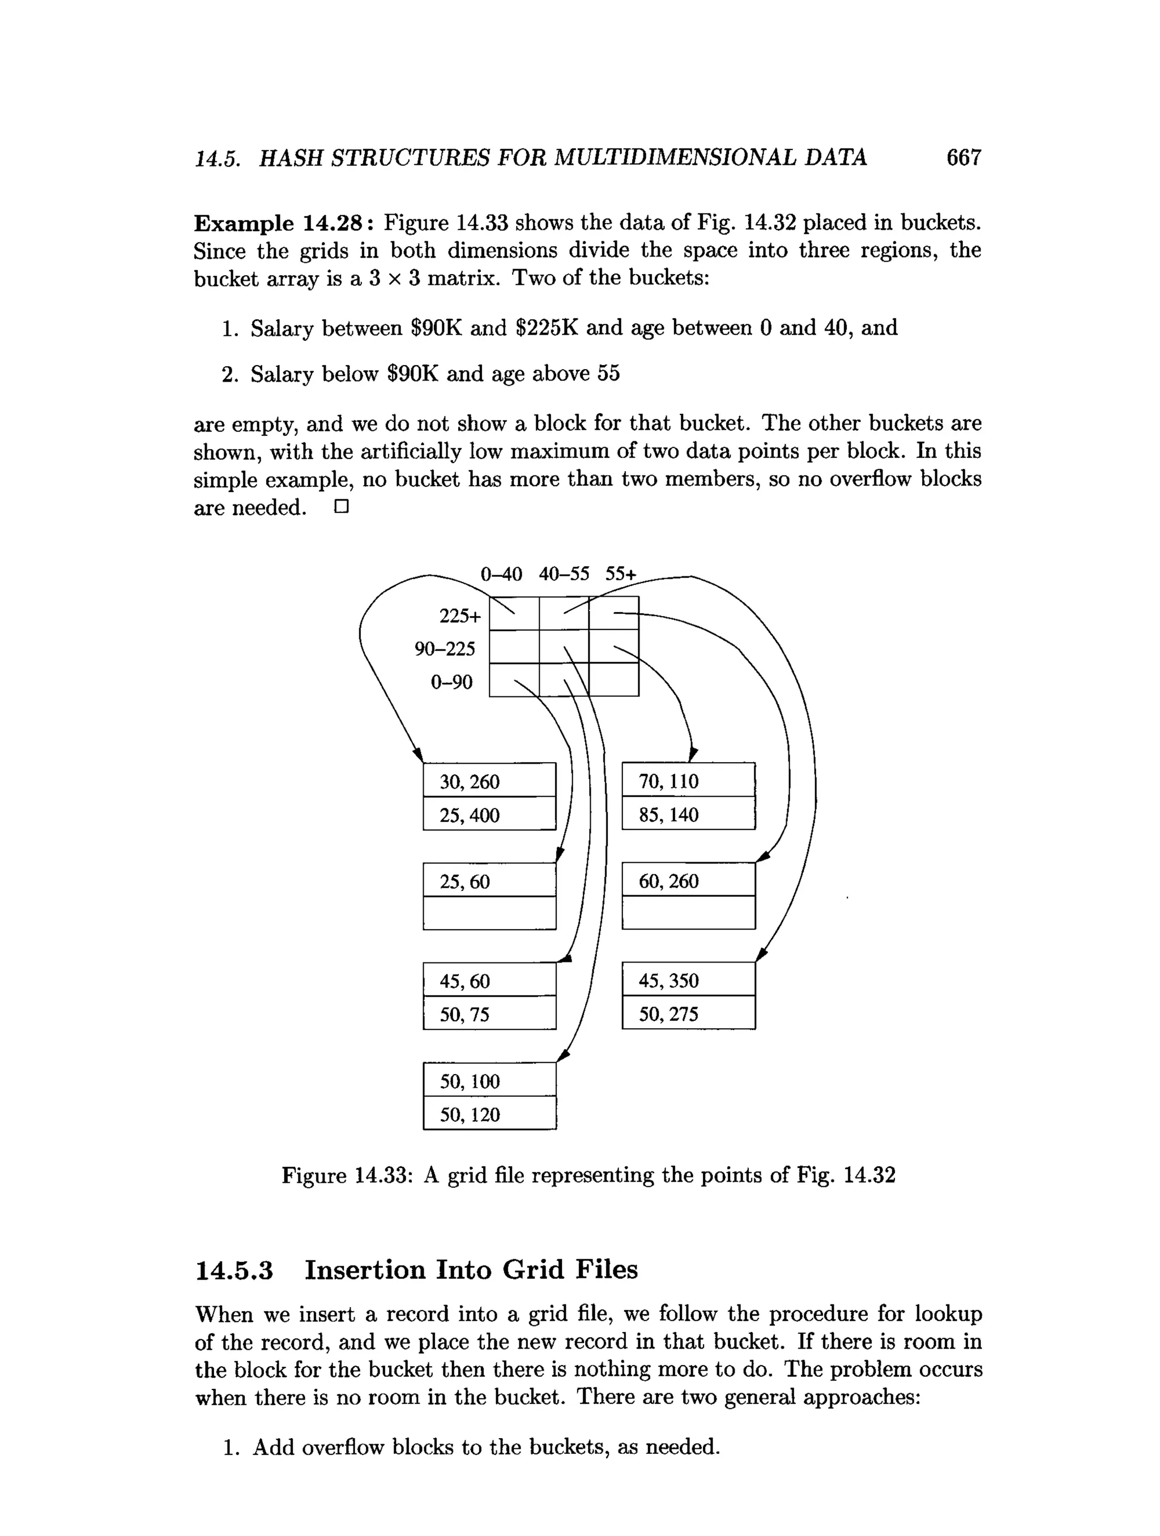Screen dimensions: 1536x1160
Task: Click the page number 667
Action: (963, 157)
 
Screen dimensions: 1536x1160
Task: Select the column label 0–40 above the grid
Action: (501, 574)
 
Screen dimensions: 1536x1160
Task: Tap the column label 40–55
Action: (564, 574)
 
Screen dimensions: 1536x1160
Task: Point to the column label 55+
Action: (620, 574)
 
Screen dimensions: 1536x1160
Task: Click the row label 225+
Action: (460, 615)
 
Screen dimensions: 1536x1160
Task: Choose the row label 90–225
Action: (445, 649)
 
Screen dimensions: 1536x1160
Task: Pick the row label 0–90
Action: (451, 682)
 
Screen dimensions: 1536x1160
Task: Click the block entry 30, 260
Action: (470, 782)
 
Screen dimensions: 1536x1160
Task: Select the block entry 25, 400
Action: (470, 815)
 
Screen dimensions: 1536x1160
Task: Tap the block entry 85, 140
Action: (669, 815)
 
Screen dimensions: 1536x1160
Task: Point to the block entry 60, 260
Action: (669, 881)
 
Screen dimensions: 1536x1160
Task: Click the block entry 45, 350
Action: (669, 981)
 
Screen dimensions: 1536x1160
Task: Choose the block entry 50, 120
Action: (470, 1115)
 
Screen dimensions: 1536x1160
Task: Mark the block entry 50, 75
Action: (464, 1015)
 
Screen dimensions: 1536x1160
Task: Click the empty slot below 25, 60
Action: (489, 913)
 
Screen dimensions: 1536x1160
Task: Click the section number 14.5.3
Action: (234, 1270)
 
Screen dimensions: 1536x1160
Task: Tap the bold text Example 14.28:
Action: (284, 224)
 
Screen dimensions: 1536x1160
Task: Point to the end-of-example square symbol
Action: (340, 507)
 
